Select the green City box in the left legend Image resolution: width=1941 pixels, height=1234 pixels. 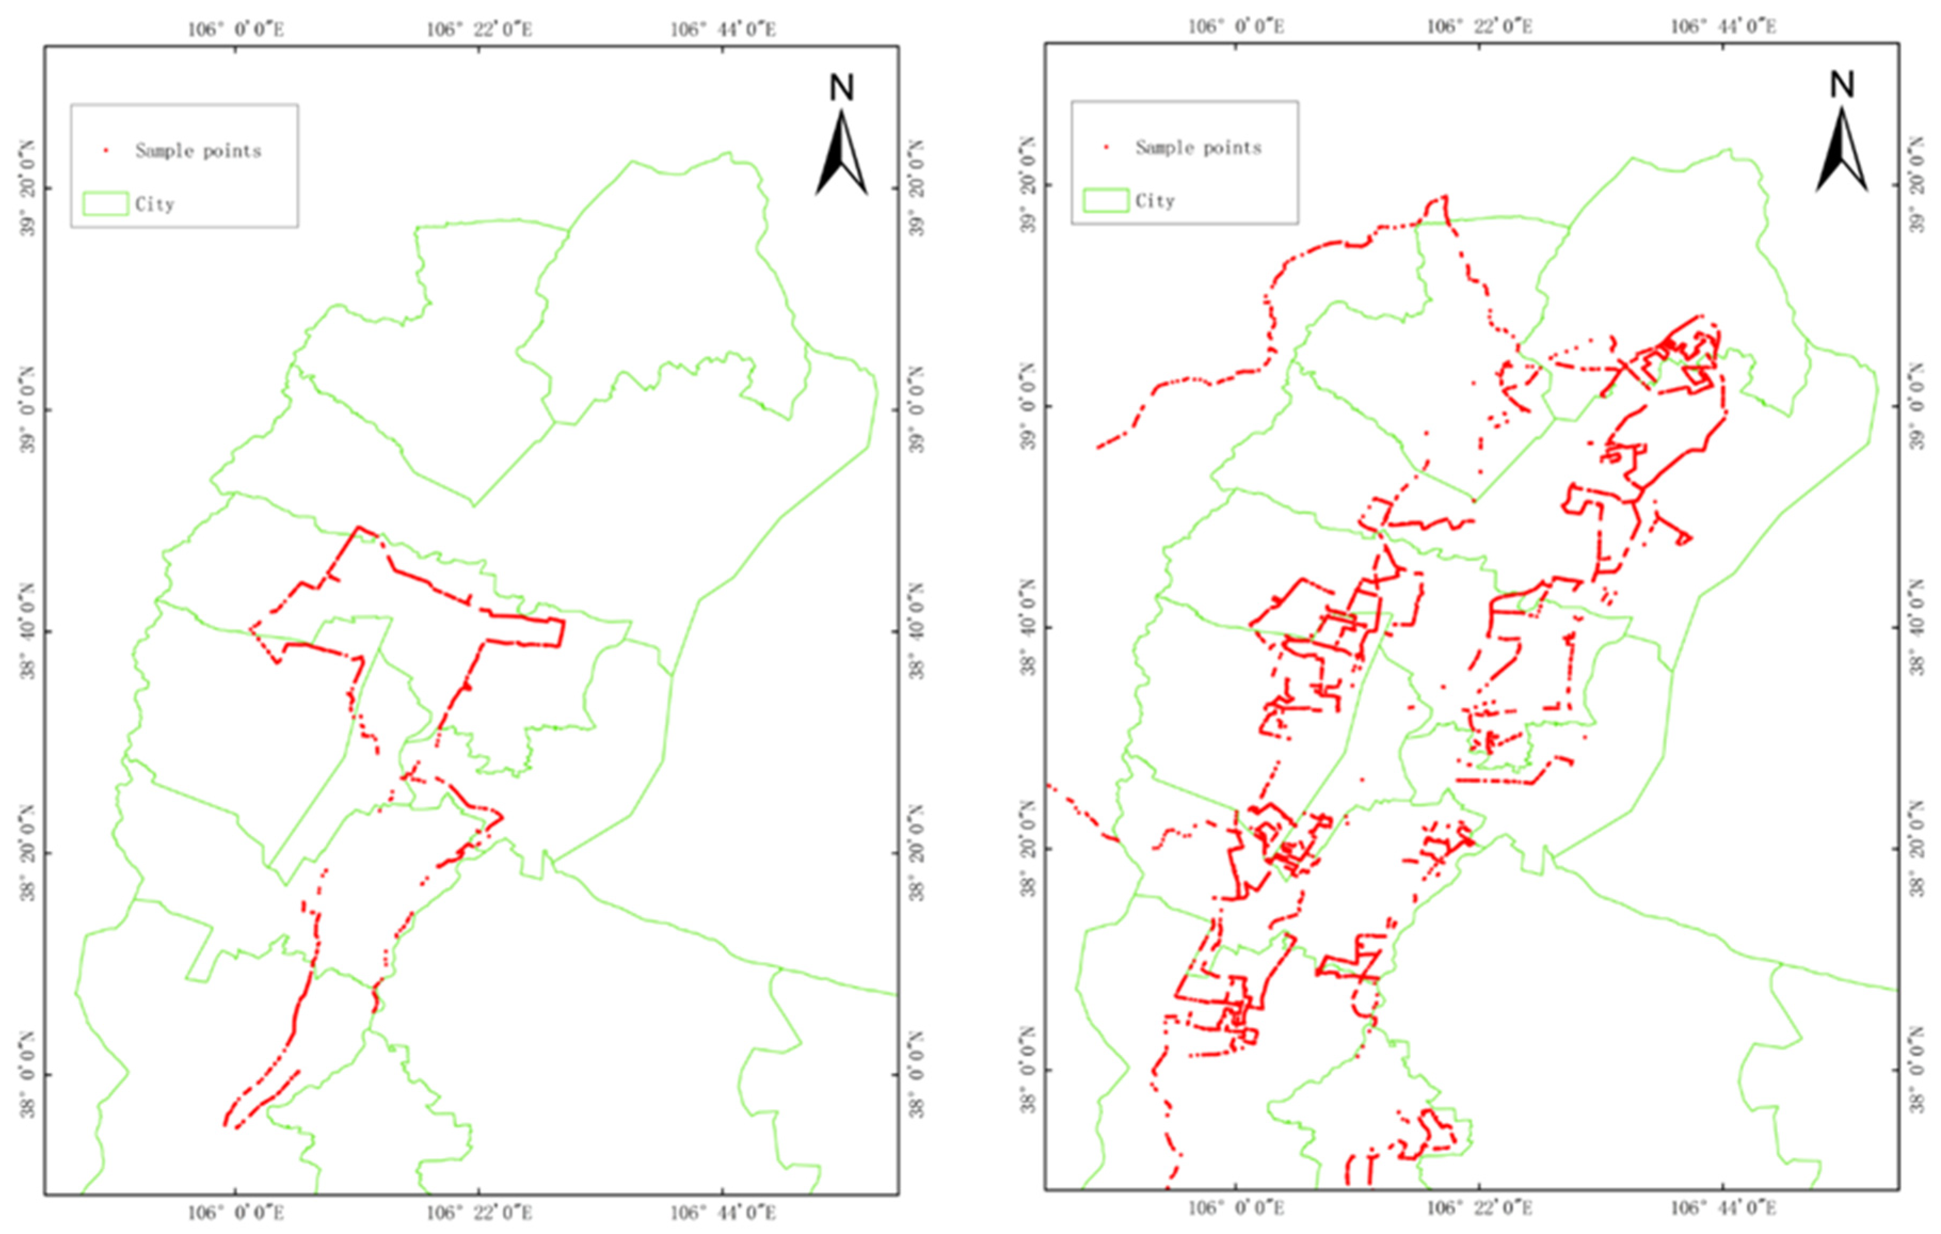point(106,204)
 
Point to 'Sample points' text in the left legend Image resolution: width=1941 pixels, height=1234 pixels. point(198,151)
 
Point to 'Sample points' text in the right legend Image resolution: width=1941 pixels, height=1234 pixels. point(1199,148)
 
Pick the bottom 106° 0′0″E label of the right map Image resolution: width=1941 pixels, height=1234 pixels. point(1236,1208)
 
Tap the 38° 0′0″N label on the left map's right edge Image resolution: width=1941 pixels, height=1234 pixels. point(917,1075)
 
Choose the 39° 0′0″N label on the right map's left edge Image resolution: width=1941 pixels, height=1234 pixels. point(1029,406)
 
